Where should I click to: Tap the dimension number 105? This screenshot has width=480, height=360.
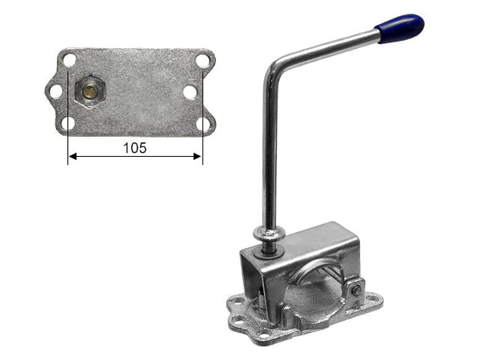click(x=135, y=148)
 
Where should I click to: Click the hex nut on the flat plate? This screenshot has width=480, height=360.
click(x=90, y=90)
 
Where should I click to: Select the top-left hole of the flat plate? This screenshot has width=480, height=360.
click(x=70, y=60)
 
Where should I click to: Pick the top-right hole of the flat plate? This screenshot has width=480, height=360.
click(x=202, y=61)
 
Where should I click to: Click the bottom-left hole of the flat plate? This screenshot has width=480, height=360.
click(x=68, y=123)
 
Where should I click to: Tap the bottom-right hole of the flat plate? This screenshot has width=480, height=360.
click(x=202, y=124)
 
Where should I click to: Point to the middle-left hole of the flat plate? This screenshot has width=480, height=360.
click(x=56, y=91)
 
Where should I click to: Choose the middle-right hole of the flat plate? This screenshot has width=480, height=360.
click(x=190, y=92)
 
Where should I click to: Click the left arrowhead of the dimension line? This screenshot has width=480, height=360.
click(x=72, y=157)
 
